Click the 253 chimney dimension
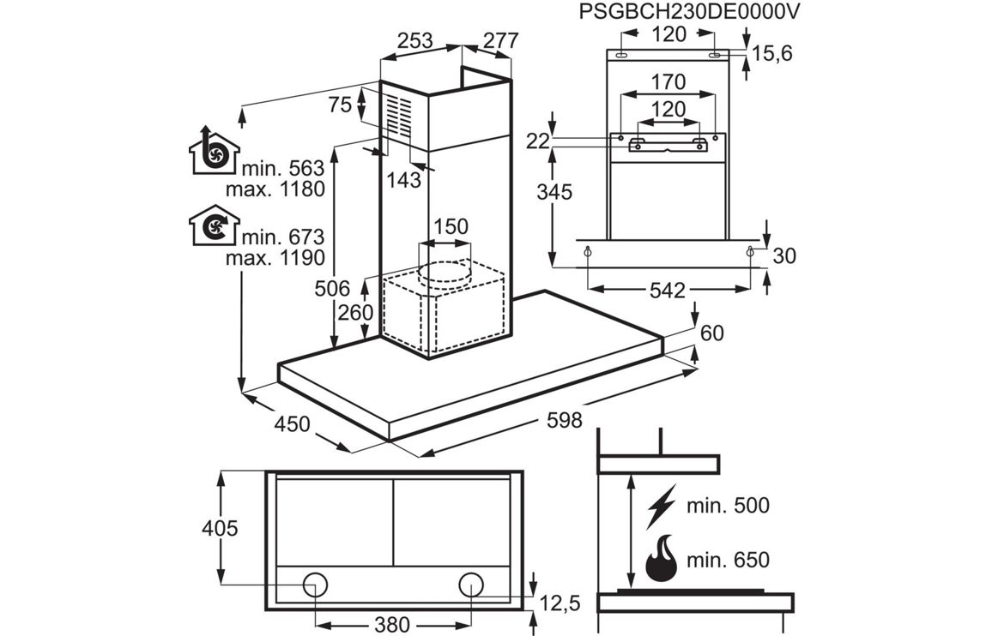(415, 40)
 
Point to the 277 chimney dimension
(500, 40)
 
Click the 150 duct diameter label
(450, 227)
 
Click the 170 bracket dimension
(668, 82)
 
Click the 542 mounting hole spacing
(667, 291)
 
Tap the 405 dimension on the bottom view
(219, 528)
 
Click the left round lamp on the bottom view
(315, 585)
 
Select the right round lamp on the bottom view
(471, 585)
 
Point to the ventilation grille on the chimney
(399, 115)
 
